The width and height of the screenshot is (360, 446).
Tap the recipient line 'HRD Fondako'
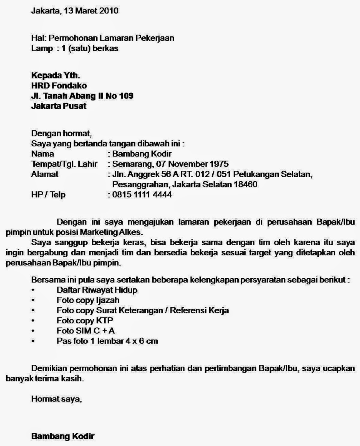[x=59, y=85]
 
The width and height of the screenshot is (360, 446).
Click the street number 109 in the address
[x=126, y=96]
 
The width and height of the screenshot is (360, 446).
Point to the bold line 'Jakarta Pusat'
[x=59, y=106]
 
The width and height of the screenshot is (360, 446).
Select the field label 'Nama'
[x=43, y=154]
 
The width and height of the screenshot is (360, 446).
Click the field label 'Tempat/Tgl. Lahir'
[x=64, y=164]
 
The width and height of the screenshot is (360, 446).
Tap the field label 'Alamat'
[x=45, y=174]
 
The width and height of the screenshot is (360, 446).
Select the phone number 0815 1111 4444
[x=142, y=195]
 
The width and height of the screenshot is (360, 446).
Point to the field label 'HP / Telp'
[x=48, y=195]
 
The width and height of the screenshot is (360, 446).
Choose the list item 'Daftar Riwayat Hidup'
[x=97, y=290]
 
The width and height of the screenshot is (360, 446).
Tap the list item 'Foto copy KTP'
[x=85, y=321]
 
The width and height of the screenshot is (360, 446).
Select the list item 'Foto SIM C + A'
[x=86, y=331]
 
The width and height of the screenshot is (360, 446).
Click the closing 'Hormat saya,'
[x=56, y=399]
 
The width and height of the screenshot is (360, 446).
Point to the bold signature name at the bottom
[x=63, y=436]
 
